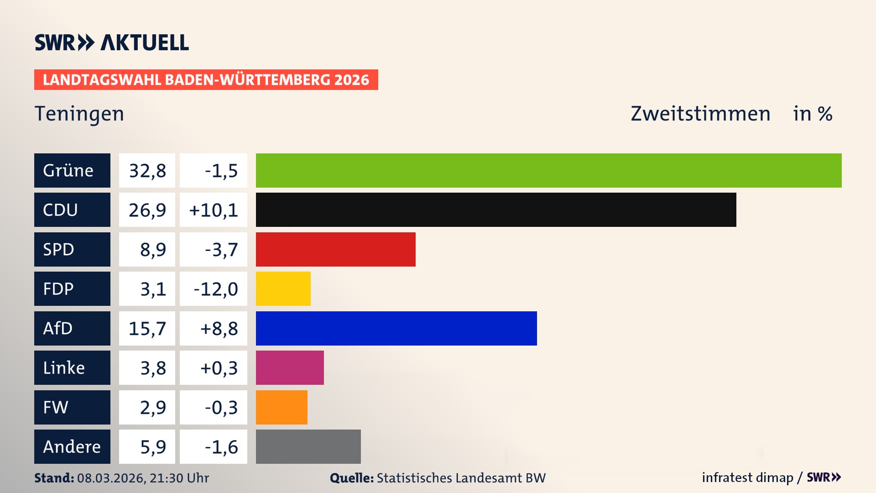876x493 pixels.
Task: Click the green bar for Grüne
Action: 548,170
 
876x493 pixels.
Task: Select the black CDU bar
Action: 496,210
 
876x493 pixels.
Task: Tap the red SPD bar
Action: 335,249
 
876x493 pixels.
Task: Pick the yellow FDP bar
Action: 283,288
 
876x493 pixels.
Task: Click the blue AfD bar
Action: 396,328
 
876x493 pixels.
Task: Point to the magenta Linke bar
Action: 290,367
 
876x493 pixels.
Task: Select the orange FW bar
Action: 282,407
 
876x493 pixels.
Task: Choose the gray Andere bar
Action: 308,446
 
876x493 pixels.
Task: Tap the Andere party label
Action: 72,446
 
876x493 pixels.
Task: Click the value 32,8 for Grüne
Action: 147,170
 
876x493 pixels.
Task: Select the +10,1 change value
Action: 213,210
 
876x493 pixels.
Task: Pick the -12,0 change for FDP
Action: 215,288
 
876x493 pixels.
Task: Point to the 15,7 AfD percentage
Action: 147,328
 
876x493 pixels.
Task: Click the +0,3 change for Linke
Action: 219,367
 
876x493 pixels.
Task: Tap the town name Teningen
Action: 79,114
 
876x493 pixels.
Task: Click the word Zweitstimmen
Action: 700,114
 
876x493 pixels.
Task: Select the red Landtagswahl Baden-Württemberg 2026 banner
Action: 206,79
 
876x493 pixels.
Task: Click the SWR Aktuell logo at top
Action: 112,42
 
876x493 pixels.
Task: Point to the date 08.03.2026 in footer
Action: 111,478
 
